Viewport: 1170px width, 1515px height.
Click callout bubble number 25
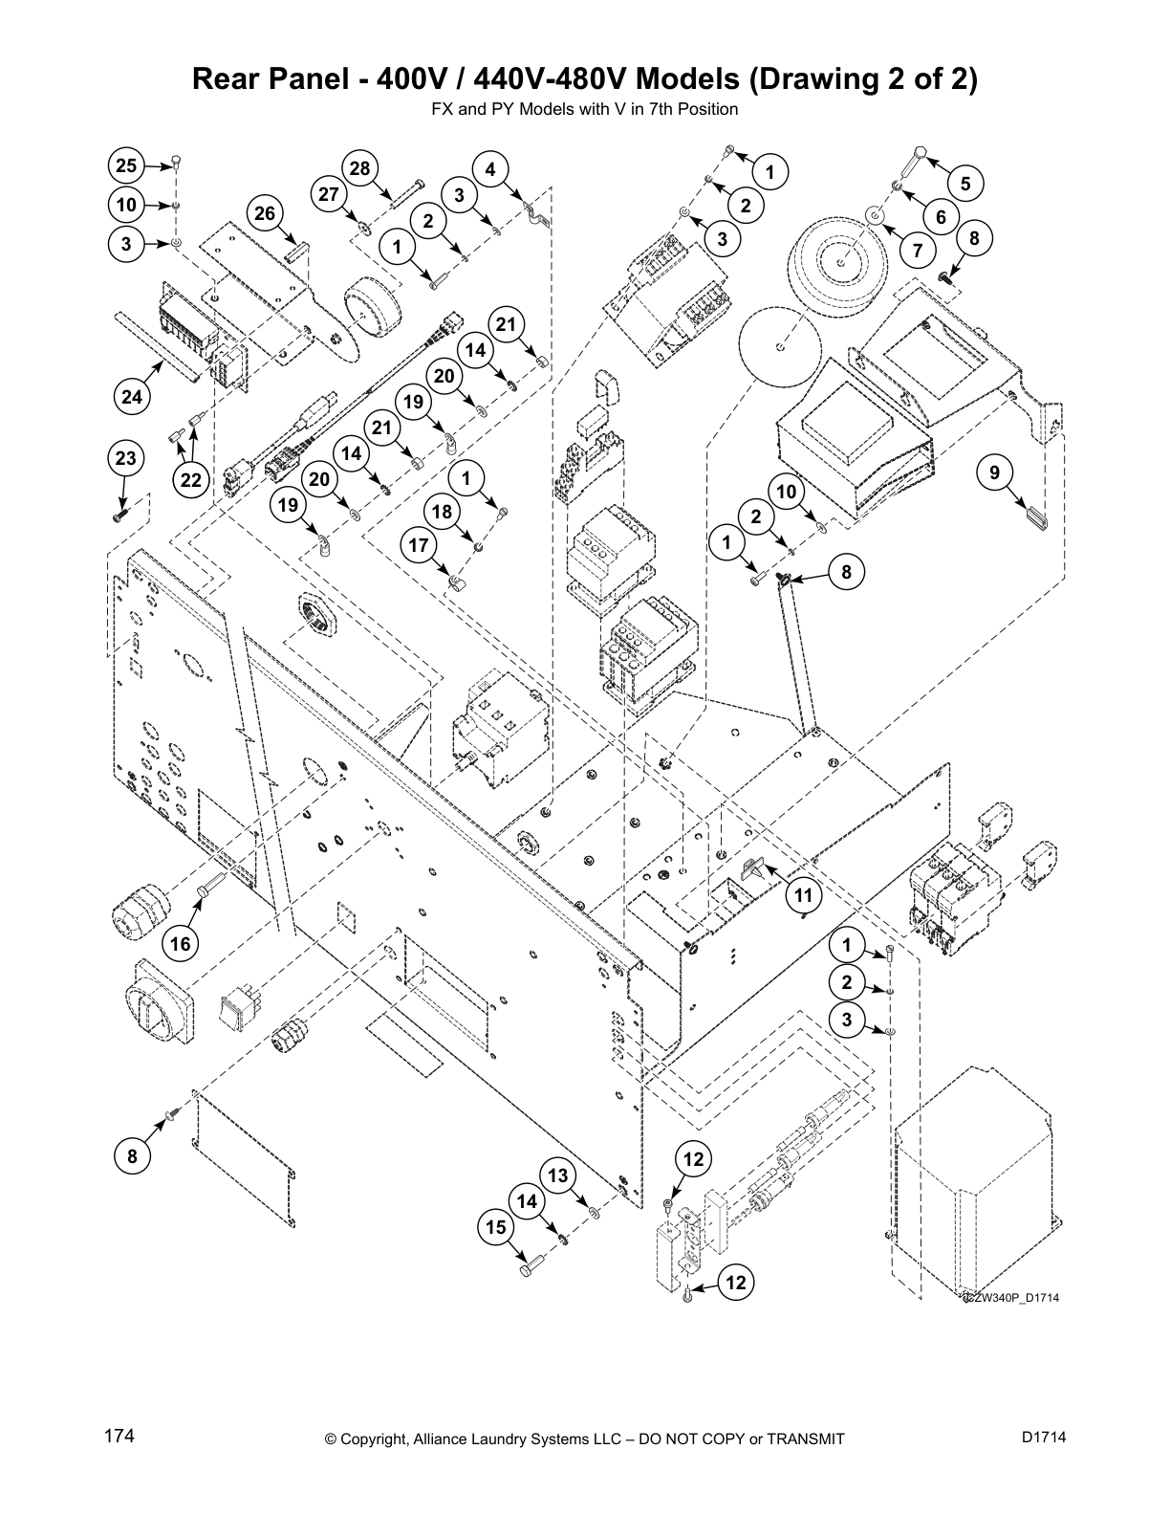pos(126,165)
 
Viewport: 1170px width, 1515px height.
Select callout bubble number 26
pos(265,213)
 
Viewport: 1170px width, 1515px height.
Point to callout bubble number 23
pos(126,458)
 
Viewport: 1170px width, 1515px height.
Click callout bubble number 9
pos(994,472)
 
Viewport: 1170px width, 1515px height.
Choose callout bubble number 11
pos(804,895)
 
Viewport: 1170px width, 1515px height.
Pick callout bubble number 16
pos(180,944)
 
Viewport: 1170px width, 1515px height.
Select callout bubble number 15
pos(496,1226)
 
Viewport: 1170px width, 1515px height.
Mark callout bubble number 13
pos(557,1175)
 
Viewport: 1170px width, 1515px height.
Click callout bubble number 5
pos(965,183)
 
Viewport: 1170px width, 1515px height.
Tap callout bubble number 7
pos(918,252)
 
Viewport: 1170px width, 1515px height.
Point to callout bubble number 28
pos(359,169)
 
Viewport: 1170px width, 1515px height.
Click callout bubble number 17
pos(419,546)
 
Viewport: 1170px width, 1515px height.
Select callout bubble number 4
pos(490,170)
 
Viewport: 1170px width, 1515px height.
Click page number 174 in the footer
pos(119,1437)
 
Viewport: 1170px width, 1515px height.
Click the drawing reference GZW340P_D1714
pos(1010,1298)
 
